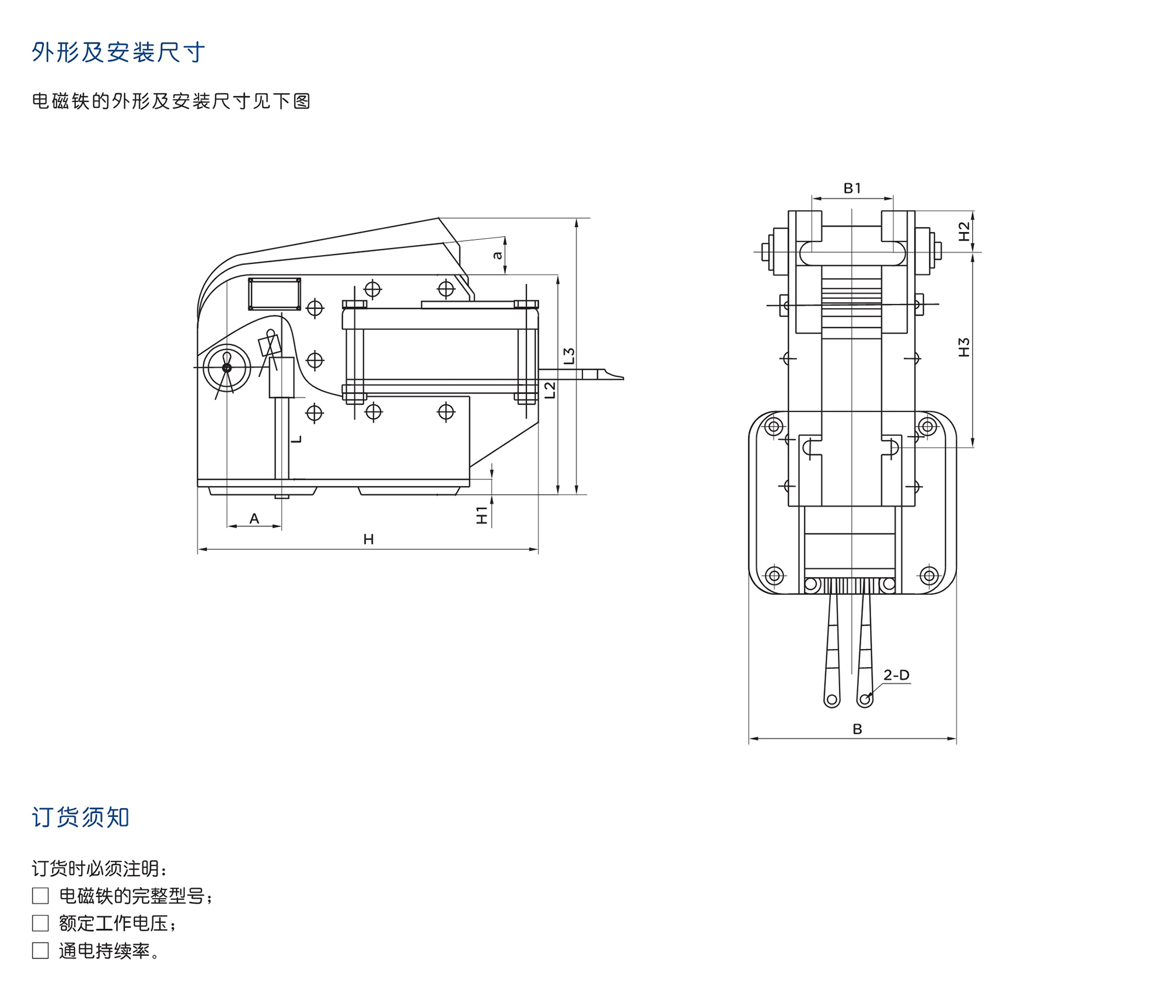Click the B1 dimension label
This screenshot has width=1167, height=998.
coord(852,188)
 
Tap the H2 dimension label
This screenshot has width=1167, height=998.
coord(964,232)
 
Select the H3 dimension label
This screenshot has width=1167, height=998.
coord(964,347)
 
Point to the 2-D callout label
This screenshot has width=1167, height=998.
coord(896,675)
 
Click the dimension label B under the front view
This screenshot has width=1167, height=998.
coord(857,729)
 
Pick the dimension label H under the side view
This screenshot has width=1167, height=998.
coord(368,539)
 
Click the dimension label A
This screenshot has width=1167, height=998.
coord(254,518)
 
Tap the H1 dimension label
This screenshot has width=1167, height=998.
coord(482,515)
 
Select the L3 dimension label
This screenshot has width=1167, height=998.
coord(569,356)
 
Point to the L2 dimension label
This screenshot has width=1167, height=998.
coord(550,390)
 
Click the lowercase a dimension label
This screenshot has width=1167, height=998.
coord(497,255)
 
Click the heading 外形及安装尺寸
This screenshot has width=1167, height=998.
coord(118,53)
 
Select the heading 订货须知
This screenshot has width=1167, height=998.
coord(81,817)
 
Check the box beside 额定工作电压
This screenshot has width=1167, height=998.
coord(40,923)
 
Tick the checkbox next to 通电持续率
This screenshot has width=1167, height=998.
coord(40,951)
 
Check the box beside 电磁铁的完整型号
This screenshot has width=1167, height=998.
coord(40,895)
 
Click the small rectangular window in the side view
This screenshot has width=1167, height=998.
coord(274,294)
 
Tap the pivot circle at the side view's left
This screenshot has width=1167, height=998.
coord(227,368)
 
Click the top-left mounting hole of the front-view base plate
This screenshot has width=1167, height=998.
coord(774,426)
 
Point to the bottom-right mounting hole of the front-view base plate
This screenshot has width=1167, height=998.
coord(929,576)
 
